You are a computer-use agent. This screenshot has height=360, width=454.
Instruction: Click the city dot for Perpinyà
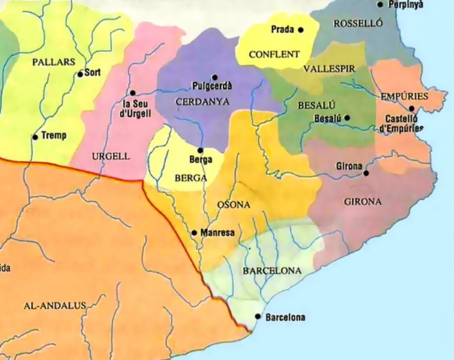(x=380, y=4)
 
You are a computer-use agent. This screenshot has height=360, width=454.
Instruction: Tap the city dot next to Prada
(x=300, y=30)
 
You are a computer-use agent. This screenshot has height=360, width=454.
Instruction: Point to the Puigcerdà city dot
(x=215, y=77)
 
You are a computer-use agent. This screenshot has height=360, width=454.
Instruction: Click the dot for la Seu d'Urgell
(x=132, y=93)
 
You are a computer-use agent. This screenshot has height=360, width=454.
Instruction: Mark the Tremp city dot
(x=35, y=136)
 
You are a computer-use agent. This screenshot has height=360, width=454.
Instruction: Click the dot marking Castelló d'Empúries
(x=412, y=109)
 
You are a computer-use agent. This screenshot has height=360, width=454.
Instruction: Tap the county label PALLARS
(x=50, y=61)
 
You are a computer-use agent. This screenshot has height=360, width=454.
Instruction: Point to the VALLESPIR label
(x=328, y=68)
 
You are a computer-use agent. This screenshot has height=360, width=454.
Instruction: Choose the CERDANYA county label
(x=200, y=100)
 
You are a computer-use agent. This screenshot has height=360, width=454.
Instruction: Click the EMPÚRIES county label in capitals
(x=404, y=97)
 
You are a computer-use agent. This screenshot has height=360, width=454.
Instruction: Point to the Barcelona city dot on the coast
(x=259, y=317)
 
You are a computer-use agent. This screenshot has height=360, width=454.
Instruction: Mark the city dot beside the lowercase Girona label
(x=366, y=173)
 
